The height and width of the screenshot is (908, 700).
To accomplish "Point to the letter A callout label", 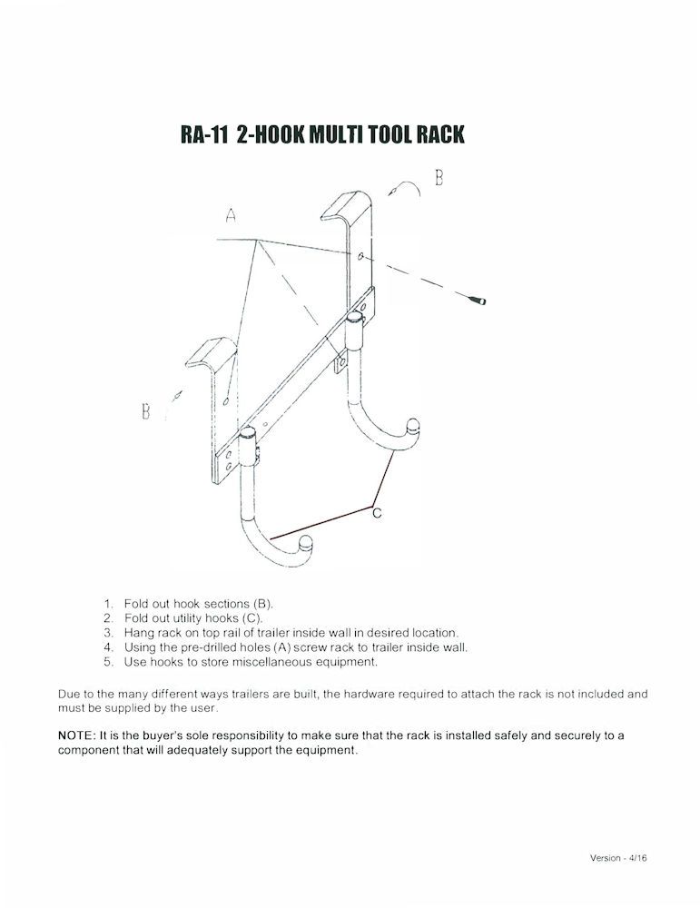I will pyautogui.click(x=232, y=216).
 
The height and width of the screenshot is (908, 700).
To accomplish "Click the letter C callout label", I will pyautogui.click(x=377, y=514).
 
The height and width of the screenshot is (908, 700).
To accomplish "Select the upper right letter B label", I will pyautogui.click(x=439, y=177).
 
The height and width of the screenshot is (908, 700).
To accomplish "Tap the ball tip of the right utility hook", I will pyautogui.click(x=414, y=423).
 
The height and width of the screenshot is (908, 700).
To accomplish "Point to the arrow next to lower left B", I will pyautogui.click(x=176, y=396).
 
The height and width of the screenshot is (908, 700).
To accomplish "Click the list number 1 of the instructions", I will pyautogui.click(x=108, y=603).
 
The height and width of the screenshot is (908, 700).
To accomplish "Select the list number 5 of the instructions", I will pyautogui.click(x=108, y=661).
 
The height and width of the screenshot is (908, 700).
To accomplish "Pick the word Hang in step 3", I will pyautogui.click(x=139, y=632).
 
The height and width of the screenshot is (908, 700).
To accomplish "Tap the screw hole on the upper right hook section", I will pyautogui.click(x=362, y=257).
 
